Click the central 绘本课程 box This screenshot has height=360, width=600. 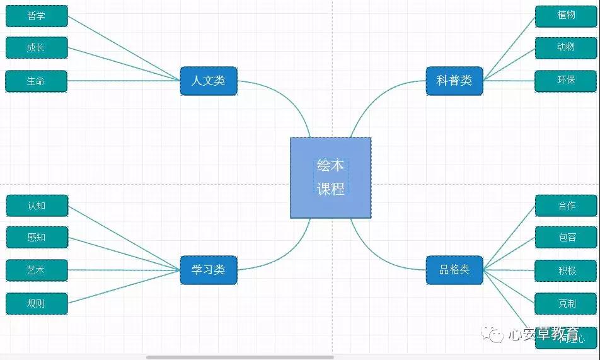[330, 178]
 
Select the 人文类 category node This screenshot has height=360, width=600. [208, 81]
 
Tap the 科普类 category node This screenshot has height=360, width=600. [454, 81]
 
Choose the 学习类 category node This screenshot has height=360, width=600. [208, 270]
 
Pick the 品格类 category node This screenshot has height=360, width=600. [454, 270]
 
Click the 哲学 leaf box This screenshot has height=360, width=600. [37, 16]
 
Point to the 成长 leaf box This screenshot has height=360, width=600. [37, 48]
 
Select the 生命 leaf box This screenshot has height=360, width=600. [37, 81]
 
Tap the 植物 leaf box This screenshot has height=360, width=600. [566, 16]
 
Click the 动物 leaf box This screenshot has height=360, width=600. [566, 48]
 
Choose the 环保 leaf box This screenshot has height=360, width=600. [566, 81]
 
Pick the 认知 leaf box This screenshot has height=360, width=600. [37, 206]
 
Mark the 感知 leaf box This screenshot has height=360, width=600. [37, 238]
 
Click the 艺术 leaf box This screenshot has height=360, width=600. [37, 270]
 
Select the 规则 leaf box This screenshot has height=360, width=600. [37, 303]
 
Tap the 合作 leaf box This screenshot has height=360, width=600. [566, 206]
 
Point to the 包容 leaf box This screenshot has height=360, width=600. [566, 238]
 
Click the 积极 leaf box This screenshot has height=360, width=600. [566, 271]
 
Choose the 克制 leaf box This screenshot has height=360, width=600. [566, 303]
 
